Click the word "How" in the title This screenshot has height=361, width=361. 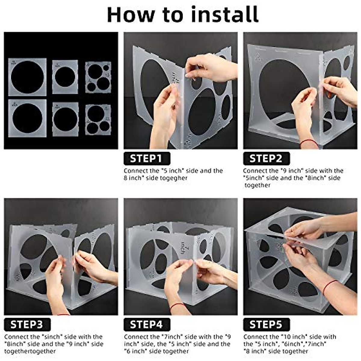tap(131, 15)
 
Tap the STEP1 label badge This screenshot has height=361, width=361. tap(147, 159)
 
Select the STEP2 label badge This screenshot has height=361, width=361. tap(267, 159)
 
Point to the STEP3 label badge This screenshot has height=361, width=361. tap(27, 325)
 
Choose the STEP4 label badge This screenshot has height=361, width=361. tap(147, 325)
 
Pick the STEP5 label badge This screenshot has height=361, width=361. tap(267, 325)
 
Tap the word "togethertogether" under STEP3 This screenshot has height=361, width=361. tap(30, 351)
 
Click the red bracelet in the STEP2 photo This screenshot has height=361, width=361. tap(309, 142)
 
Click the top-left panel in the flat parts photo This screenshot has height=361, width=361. tap(27, 77)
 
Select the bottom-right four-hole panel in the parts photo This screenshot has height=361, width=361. tap(98, 120)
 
